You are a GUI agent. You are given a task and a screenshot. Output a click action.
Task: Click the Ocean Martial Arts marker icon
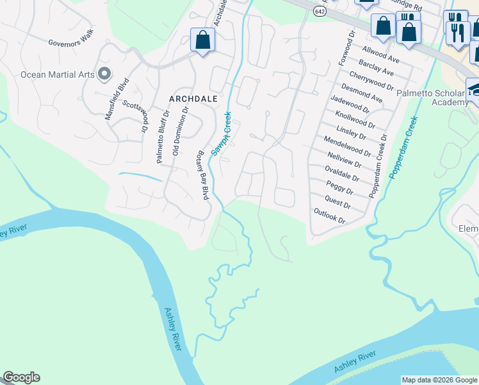(x=104, y=74)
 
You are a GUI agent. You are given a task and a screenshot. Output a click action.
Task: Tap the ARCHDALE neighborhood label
(x=193, y=99)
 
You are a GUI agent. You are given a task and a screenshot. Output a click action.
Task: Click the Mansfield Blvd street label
(x=117, y=99)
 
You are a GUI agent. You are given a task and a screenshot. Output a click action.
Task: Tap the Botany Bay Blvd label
(x=202, y=175)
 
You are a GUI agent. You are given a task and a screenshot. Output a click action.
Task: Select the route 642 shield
(x=319, y=11)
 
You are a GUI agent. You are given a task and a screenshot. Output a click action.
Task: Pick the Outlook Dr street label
(x=330, y=216)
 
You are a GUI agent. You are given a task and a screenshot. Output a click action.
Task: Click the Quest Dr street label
(x=338, y=201)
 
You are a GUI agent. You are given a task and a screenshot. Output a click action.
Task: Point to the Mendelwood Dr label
(x=347, y=146)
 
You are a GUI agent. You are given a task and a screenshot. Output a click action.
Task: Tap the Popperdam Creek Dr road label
(x=378, y=166)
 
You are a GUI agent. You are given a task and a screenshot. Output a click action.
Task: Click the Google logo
(x=21, y=377)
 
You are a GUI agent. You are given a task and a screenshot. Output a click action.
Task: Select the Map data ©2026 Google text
(x=439, y=380)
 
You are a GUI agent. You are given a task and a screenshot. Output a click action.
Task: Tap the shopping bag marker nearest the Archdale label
(x=202, y=40)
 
